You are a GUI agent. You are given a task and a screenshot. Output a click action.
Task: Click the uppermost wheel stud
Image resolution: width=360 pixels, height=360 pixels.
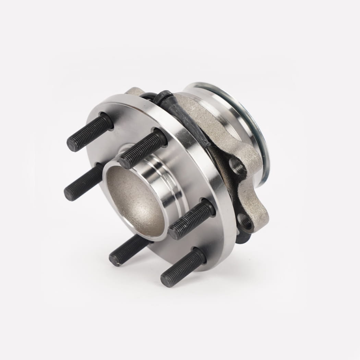pos(90,132)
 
